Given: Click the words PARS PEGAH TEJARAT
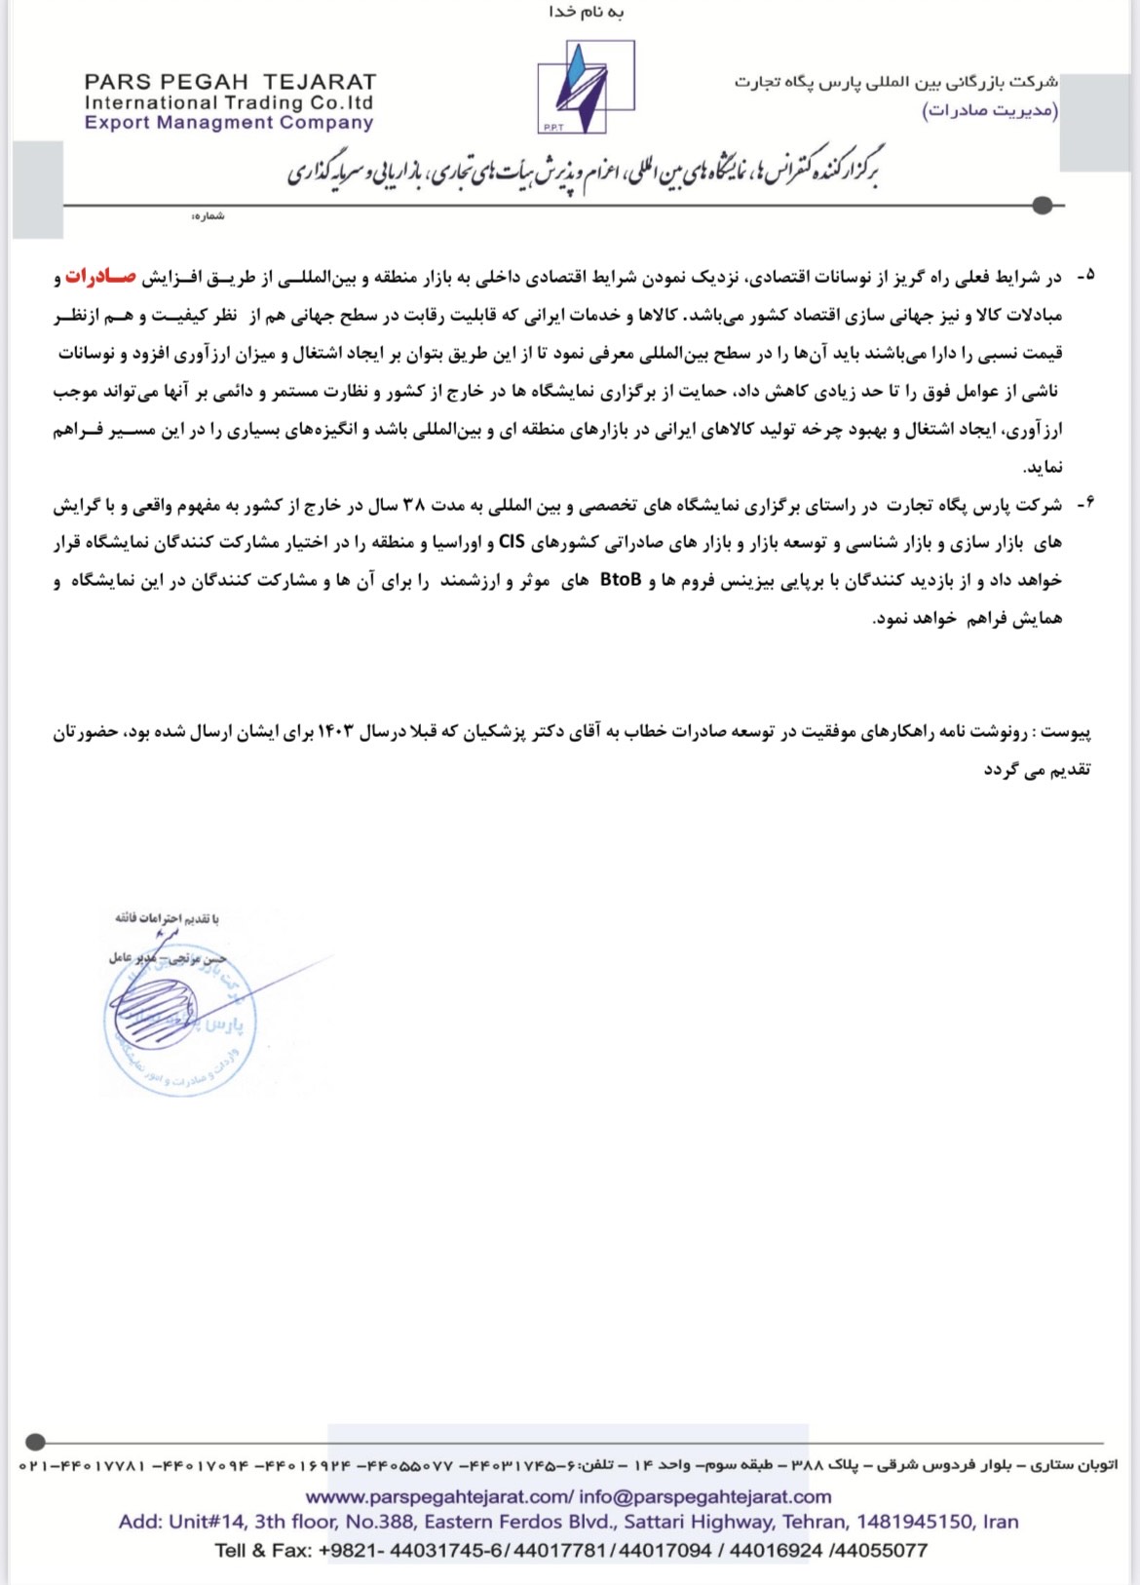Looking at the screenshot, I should pos(230,82).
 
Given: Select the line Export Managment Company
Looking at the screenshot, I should pos(229,123).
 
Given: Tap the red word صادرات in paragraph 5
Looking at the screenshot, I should pos(101,278).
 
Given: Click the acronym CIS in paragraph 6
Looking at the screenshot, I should pos(512,542).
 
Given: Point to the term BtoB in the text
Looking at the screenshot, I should pos(621,580).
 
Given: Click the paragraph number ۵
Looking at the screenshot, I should pos(1085,277).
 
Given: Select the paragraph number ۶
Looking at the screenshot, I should pos(1085,504).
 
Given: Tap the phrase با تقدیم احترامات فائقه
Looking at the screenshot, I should pos(167,918).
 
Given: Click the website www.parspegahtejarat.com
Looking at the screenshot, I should pos(438,1496).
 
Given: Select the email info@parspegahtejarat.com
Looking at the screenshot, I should pos(705,1496).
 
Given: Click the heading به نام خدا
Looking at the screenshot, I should pos(587,13).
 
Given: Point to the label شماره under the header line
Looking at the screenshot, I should pos(208,216).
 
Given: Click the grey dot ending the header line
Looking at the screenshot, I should pos(1043,206).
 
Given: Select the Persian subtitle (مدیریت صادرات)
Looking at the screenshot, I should pos(990,109).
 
